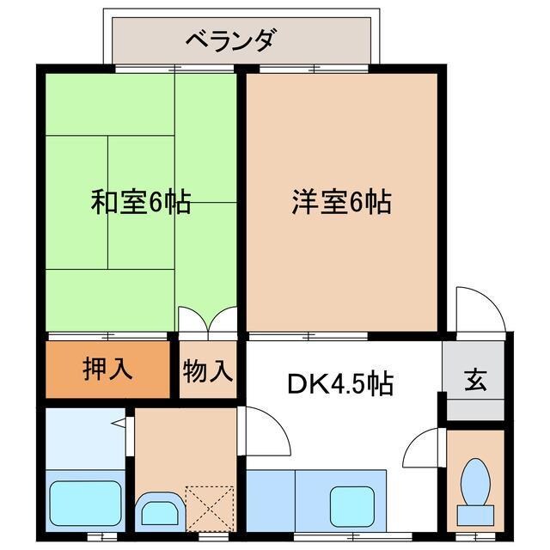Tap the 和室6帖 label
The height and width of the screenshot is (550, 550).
click(140, 203)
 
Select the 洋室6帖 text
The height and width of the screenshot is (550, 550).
click(340, 203)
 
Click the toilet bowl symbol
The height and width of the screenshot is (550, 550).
click(474, 485)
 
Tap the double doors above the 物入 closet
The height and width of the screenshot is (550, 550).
click(207, 320)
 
